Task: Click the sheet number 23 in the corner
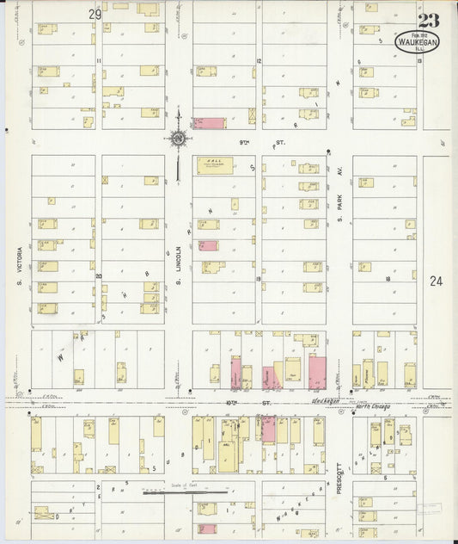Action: point(426,20)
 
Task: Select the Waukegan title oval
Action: point(418,43)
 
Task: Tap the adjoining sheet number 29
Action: point(95,15)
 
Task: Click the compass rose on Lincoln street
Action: point(179,138)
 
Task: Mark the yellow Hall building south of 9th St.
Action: point(215,165)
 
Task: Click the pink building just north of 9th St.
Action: point(210,123)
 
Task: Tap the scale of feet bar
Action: point(185,494)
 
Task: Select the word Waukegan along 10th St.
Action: point(326,399)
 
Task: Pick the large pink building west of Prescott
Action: point(317,372)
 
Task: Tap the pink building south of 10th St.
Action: point(268,429)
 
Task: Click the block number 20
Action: point(99,276)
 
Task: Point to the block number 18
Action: point(388,279)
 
